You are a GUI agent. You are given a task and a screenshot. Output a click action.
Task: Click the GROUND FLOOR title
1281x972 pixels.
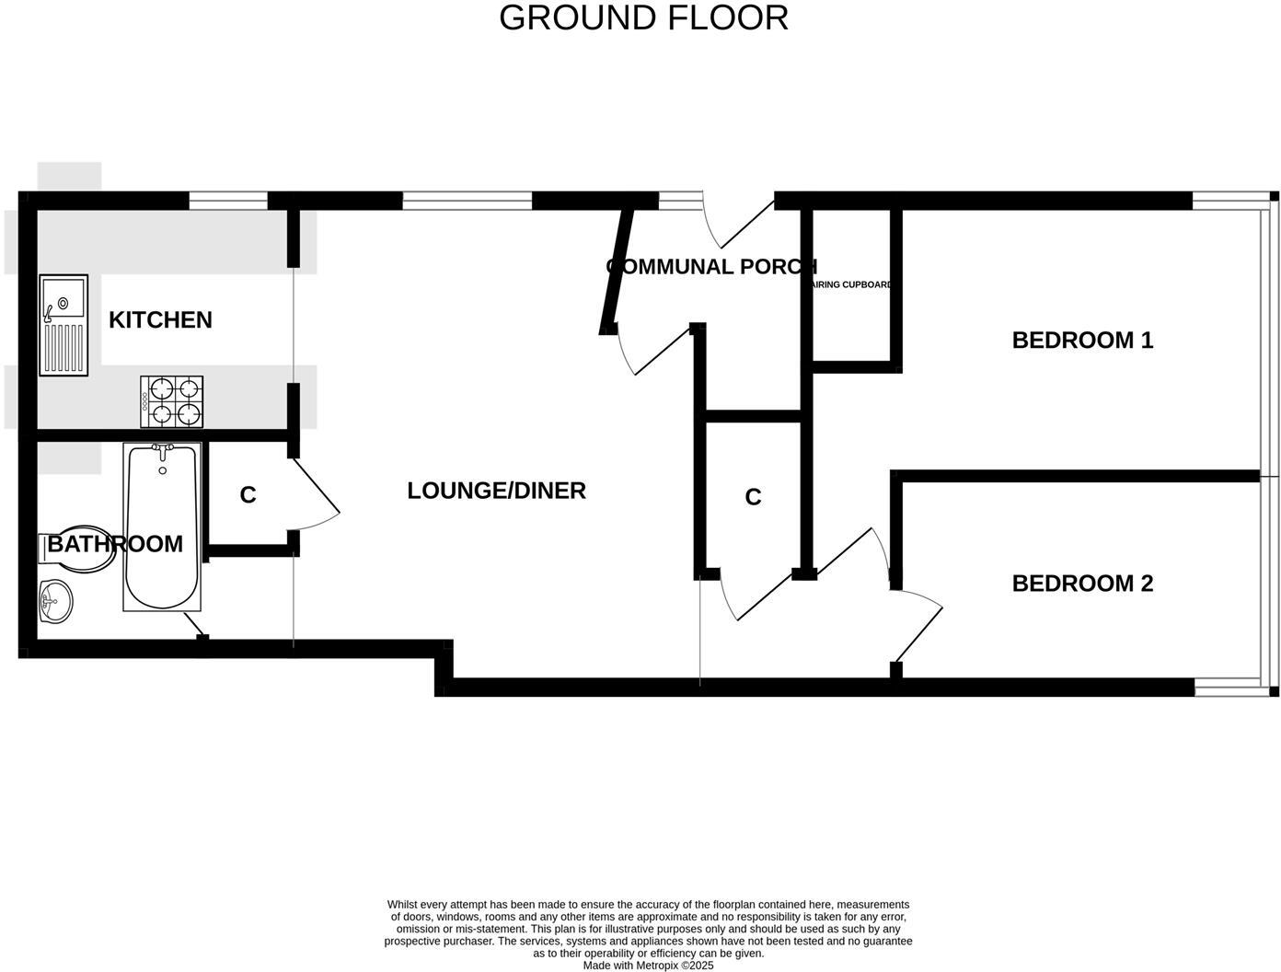[x=643, y=17]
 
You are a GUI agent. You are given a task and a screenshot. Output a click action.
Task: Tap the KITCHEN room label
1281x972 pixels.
[x=160, y=319]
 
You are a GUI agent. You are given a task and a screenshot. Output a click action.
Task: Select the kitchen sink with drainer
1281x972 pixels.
[x=63, y=325]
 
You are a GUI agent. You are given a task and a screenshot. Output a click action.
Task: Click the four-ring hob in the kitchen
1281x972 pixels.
[x=171, y=401]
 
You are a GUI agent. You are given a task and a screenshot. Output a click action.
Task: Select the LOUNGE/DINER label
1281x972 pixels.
[x=496, y=491]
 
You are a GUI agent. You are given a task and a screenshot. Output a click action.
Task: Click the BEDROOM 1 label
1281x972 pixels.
[x=1082, y=341]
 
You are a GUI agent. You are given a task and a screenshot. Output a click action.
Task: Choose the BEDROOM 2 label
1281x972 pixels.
[x=1082, y=584]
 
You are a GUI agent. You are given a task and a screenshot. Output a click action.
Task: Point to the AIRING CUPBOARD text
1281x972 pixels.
[x=852, y=285]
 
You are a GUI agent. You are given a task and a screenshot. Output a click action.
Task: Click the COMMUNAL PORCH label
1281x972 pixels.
[x=711, y=267]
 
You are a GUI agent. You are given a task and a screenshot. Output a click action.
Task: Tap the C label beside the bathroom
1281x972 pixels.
[x=248, y=495]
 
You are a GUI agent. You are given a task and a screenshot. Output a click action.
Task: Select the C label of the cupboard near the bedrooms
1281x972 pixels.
[x=753, y=497]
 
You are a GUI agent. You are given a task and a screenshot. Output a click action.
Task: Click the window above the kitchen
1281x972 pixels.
[x=228, y=200]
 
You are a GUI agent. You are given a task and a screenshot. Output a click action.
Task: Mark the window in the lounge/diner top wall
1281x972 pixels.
[x=467, y=200]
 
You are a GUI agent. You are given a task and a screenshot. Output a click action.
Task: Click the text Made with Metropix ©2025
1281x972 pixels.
[x=648, y=966]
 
